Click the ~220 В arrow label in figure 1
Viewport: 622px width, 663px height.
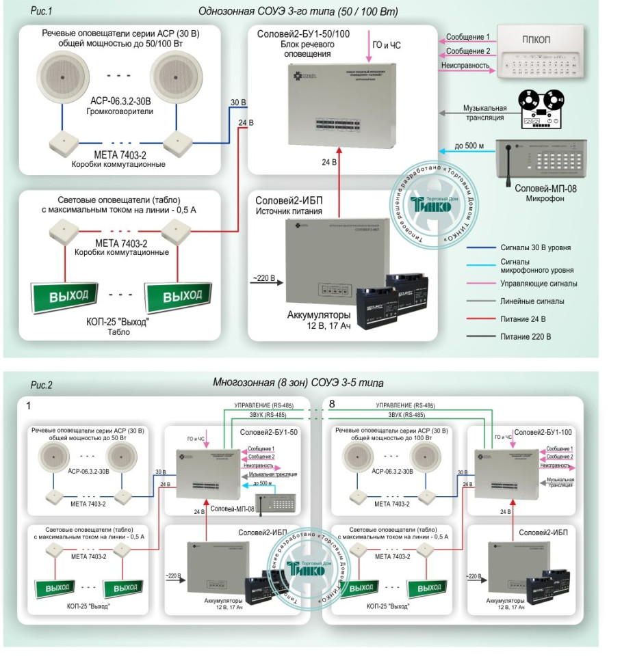pyautogui.click(x=265, y=278)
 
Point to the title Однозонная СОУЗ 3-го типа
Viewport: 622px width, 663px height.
pyautogui.click(x=298, y=12)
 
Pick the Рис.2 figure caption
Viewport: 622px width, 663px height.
pyautogui.click(x=41, y=385)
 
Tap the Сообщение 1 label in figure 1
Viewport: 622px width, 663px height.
pyautogui.click(x=468, y=37)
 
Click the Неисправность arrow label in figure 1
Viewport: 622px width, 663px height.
pyautogui.click(x=468, y=66)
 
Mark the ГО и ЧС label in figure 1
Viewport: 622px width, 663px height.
pyautogui.click(x=387, y=45)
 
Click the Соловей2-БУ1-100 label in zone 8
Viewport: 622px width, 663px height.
pyautogui.click(x=544, y=432)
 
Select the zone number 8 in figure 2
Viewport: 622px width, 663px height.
pyautogui.click(x=333, y=405)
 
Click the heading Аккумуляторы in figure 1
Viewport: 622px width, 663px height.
pyautogui.click(x=319, y=315)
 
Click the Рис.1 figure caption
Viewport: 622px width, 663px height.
pyautogui.click(x=42, y=12)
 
